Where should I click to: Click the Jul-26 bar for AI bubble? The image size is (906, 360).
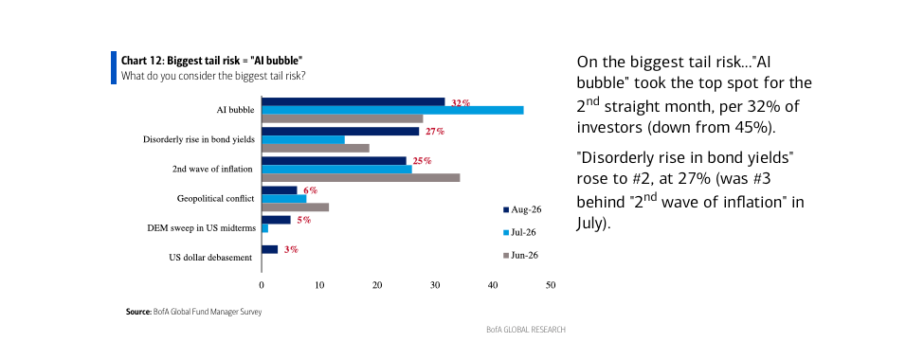393,110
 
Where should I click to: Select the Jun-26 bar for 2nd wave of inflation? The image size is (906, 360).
360,178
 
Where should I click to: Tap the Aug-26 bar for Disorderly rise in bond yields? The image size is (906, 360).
340,131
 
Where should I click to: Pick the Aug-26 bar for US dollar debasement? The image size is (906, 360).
270,249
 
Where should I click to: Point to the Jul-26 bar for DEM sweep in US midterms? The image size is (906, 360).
264,228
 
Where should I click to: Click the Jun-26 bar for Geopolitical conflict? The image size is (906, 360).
296,207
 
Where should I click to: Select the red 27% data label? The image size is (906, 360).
434,131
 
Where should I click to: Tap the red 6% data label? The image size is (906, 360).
310,190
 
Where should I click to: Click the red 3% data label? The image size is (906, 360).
290,249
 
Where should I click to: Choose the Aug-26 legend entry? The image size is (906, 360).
522,209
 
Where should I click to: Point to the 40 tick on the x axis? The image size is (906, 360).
493,285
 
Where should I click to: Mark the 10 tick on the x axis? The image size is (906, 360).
319,285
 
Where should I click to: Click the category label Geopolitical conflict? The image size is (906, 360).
215,199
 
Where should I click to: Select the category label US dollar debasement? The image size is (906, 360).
210,258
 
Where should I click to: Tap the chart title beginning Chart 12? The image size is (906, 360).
212,61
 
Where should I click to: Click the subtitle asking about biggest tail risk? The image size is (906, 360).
213,76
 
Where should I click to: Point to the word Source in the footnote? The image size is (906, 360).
138,312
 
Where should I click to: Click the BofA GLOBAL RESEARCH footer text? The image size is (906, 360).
526,330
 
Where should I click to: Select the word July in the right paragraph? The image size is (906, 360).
590,224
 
